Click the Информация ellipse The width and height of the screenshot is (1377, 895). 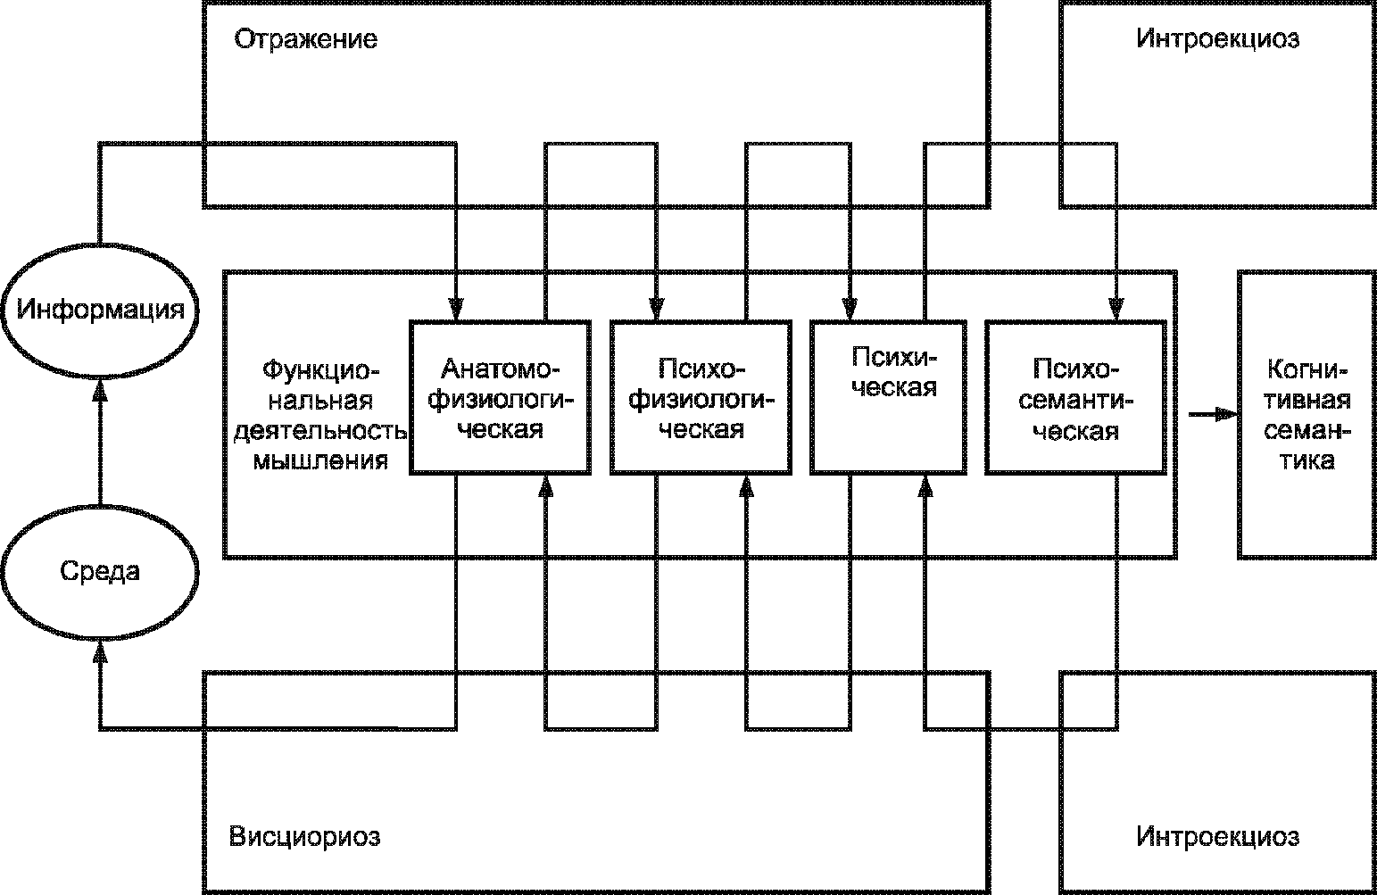pyautogui.click(x=100, y=311)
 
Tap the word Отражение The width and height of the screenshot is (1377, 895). pyautogui.click(x=305, y=40)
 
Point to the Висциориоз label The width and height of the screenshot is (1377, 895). pyautogui.click(x=305, y=837)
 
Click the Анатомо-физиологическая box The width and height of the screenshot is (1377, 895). pyautogui.click(x=500, y=397)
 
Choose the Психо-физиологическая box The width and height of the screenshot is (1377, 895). pyautogui.click(x=701, y=397)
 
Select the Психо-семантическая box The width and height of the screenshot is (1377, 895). pyautogui.click(x=1075, y=397)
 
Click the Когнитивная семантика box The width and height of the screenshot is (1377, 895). pyautogui.click(x=1306, y=414)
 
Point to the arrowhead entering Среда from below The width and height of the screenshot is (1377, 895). pyautogui.click(x=100, y=654)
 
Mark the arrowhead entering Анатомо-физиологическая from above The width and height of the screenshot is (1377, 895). pyautogui.click(x=456, y=309)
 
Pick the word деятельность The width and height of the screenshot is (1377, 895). pyautogui.click(x=319, y=432)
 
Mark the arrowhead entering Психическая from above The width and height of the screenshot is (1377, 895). pyautogui.click(x=850, y=309)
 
